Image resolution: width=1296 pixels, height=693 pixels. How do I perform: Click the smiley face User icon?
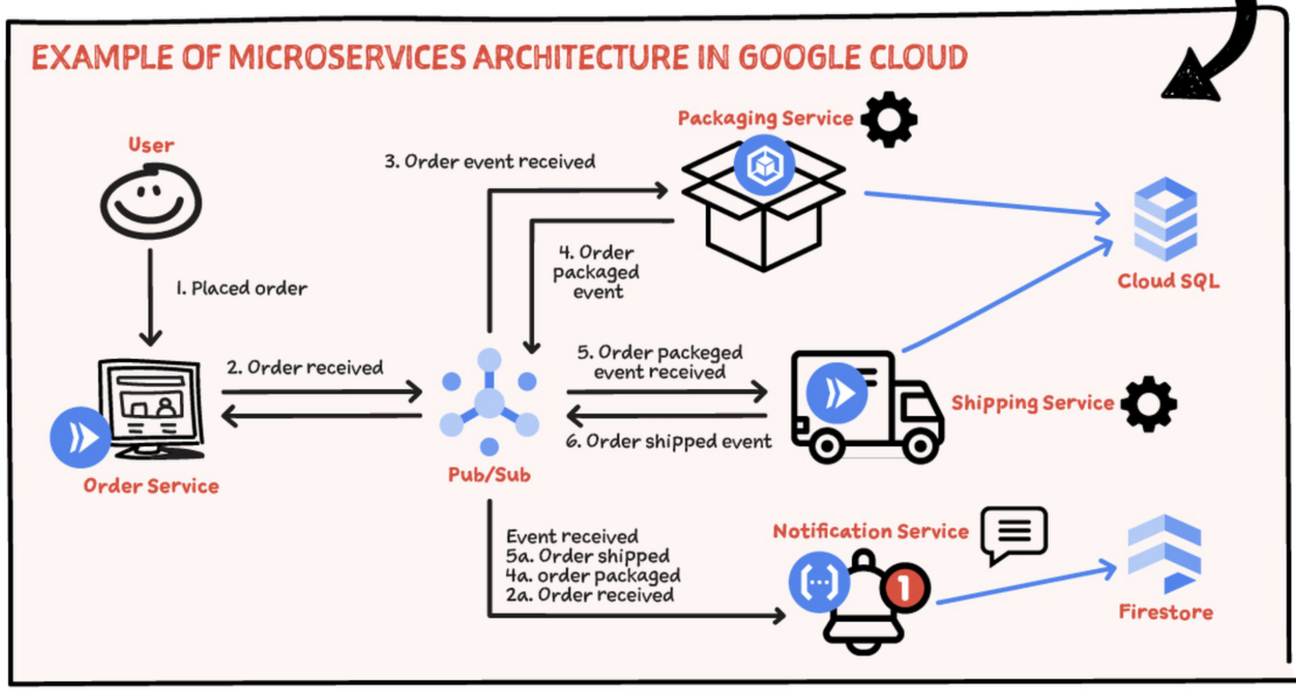pyautogui.click(x=151, y=202)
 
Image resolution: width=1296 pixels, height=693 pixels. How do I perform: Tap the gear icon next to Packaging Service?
pyautogui.click(x=888, y=119)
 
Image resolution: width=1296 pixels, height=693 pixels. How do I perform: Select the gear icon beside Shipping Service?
pyautogui.click(x=1148, y=404)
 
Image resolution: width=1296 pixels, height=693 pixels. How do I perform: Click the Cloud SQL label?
pyautogui.click(x=1168, y=281)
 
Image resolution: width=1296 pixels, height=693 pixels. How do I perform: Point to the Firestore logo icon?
pyautogui.click(x=1164, y=553)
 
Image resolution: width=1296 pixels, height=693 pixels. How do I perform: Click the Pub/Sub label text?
pyautogui.click(x=489, y=474)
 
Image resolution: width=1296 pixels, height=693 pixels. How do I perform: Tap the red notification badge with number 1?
pyautogui.click(x=905, y=587)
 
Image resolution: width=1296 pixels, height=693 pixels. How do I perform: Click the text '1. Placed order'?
pyautogui.click(x=241, y=288)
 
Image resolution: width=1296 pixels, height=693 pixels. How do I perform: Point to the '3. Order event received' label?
pyautogui.click(x=490, y=161)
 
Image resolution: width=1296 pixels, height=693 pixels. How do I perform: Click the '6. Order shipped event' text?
pyautogui.click(x=668, y=441)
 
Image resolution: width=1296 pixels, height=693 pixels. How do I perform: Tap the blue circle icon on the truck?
pyautogui.click(x=836, y=393)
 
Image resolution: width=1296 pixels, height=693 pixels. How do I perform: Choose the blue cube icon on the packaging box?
pyautogui.click(x=764, y=165)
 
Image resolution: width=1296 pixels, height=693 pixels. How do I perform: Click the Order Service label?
pyautogui.click(x=151, y=486)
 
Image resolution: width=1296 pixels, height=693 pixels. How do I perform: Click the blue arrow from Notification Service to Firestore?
pyautogui.click(x=1026, y=584)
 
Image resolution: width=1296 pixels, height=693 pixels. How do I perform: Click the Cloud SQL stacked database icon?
pyautogui.click(x=1165, y=219)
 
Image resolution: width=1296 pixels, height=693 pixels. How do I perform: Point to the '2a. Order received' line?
pyautogui.click(x=590, y=595)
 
